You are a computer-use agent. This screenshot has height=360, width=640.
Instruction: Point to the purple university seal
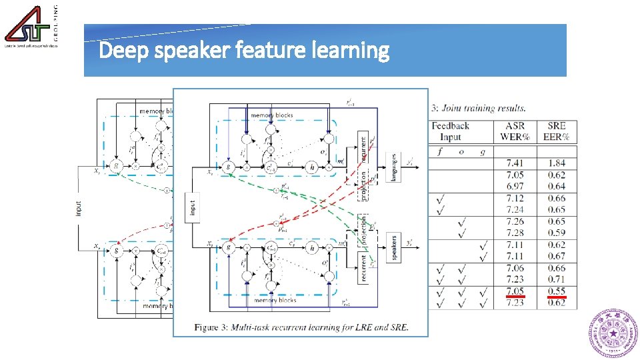point(613,333)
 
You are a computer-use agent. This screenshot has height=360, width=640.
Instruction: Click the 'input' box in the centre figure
point(193,207)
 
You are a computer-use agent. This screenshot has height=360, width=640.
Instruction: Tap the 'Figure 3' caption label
point(214,327)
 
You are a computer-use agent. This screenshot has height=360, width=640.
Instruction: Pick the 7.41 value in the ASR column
point(515,163)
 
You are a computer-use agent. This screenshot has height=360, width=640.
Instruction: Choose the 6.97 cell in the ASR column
point(515,186)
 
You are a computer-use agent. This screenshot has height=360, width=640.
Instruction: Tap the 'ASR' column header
point(515,126)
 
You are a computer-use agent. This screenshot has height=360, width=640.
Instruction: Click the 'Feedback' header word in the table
point(451,126)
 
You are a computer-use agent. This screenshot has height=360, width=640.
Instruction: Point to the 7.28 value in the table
point(515,233)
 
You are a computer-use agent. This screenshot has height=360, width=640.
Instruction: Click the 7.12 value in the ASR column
point(515,198)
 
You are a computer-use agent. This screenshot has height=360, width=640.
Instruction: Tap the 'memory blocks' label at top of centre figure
point(271,115)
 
